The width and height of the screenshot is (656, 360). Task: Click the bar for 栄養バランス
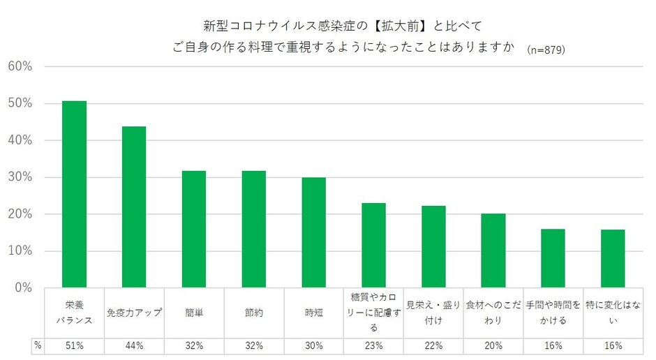74,195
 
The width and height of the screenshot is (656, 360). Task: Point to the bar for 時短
313,232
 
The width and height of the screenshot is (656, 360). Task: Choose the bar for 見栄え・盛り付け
433,246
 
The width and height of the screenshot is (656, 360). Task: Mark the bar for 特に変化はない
613,258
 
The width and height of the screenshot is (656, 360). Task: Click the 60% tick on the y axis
20,67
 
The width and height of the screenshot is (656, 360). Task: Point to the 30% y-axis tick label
20,177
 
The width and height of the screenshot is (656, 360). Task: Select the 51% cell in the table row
74,346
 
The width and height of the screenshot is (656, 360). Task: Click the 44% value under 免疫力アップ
134,346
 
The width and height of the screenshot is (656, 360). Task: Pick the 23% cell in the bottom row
373,346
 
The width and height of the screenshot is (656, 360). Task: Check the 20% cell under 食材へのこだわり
493,346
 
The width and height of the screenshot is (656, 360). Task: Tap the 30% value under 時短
313,346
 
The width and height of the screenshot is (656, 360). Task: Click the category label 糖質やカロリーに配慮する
373,312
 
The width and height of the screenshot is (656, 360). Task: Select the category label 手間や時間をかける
553,312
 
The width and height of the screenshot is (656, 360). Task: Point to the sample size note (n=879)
546,50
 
